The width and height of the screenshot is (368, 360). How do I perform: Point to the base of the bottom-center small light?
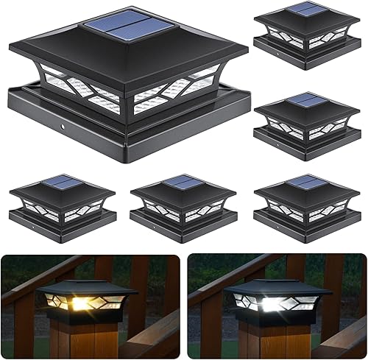pos(182,218)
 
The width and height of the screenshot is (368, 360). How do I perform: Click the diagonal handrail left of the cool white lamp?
pos(213,283)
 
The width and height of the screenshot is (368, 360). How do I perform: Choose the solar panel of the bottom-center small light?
pos(182,181)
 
